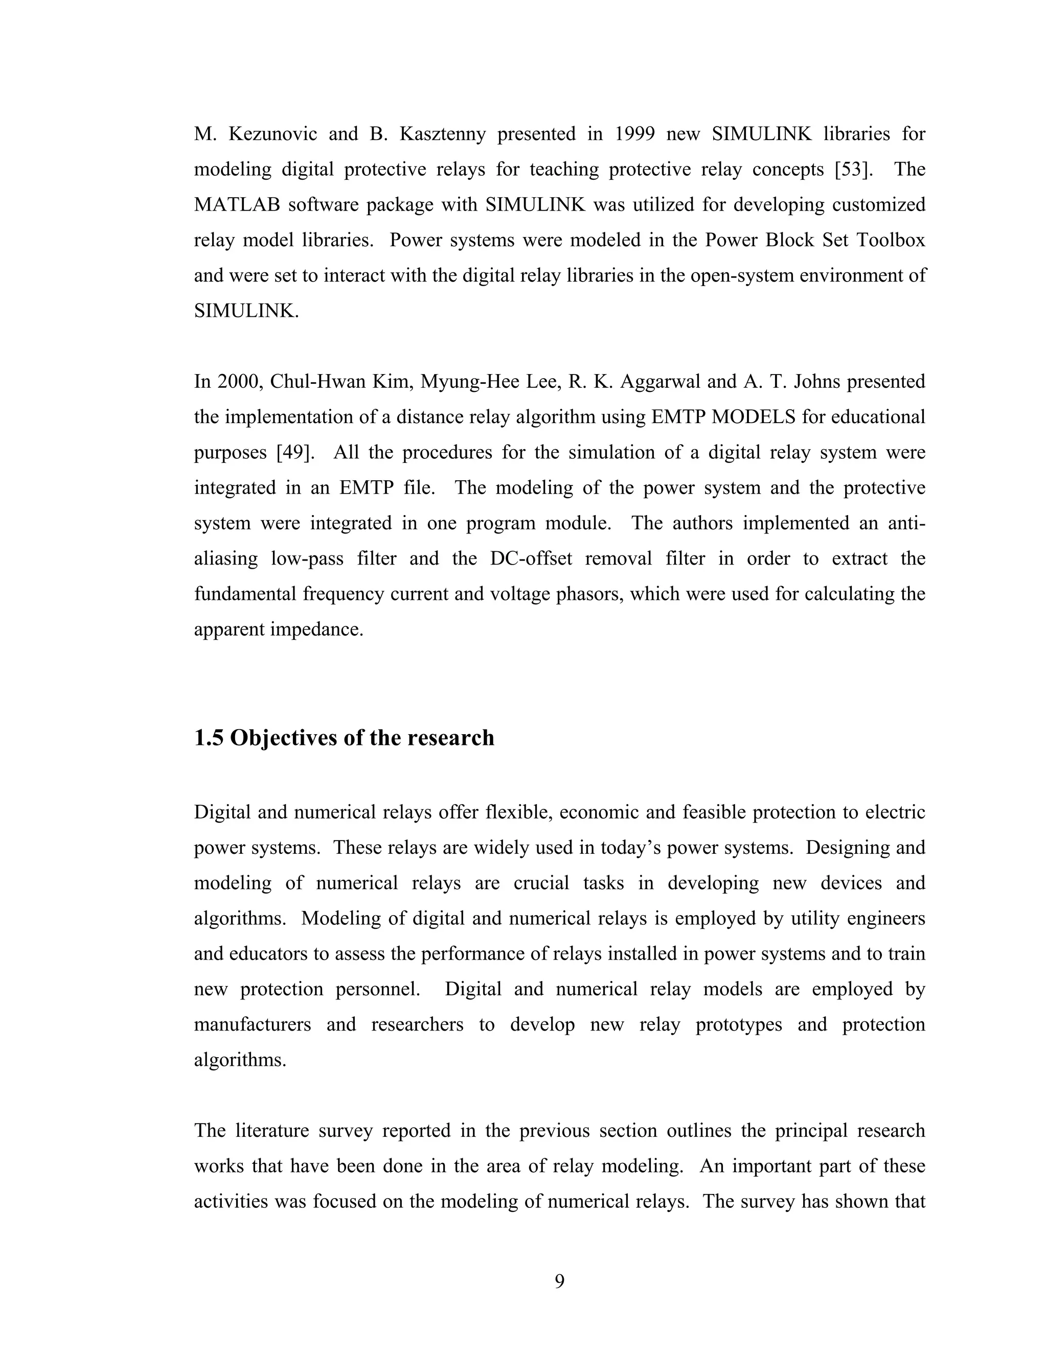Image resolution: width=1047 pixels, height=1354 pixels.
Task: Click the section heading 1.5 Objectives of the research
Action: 344,738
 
